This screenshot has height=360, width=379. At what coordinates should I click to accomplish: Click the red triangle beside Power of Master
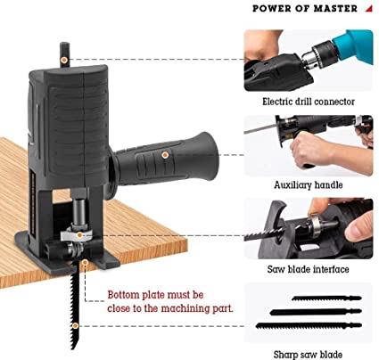click(369, 9)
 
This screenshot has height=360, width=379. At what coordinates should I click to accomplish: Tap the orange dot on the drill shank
click(64, 60)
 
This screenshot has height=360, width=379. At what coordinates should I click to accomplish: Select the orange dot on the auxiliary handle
click(165, 155)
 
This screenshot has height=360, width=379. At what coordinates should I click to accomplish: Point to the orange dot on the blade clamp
click(79, 235)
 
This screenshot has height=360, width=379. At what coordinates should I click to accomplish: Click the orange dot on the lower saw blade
click(76, 326)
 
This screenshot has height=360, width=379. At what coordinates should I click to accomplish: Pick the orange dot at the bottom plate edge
click(85, 262)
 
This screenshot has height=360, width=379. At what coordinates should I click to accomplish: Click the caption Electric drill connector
click(309, 102)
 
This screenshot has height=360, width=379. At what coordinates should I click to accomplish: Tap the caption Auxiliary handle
click(309, 185)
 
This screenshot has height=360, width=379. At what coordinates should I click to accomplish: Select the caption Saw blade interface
click(308, 269)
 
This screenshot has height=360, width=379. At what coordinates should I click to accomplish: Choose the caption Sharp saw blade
click(308, 355)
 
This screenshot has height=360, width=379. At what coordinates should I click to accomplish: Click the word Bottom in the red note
click(123, 295)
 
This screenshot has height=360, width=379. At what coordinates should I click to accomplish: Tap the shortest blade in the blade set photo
click(326, 299)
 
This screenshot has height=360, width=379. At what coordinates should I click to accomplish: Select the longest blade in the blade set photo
click(309, 325)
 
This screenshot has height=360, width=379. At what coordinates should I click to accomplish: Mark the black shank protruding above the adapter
click(64, 54)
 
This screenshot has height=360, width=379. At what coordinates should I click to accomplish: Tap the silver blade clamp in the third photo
click(313, 226)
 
